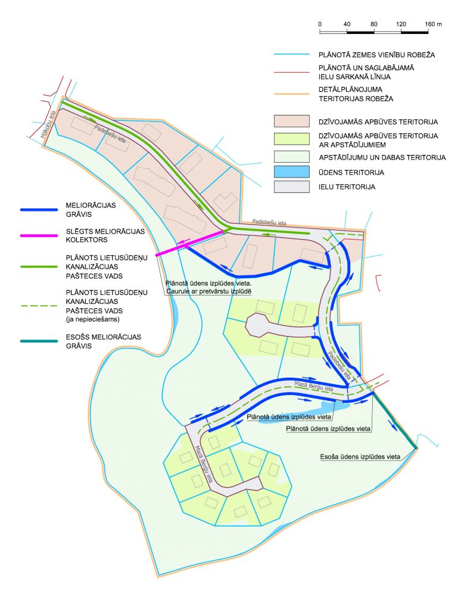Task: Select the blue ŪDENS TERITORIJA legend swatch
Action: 291,172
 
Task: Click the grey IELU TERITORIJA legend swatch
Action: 291,187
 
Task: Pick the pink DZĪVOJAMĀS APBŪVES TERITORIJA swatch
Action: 291,122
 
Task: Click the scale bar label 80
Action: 374,24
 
